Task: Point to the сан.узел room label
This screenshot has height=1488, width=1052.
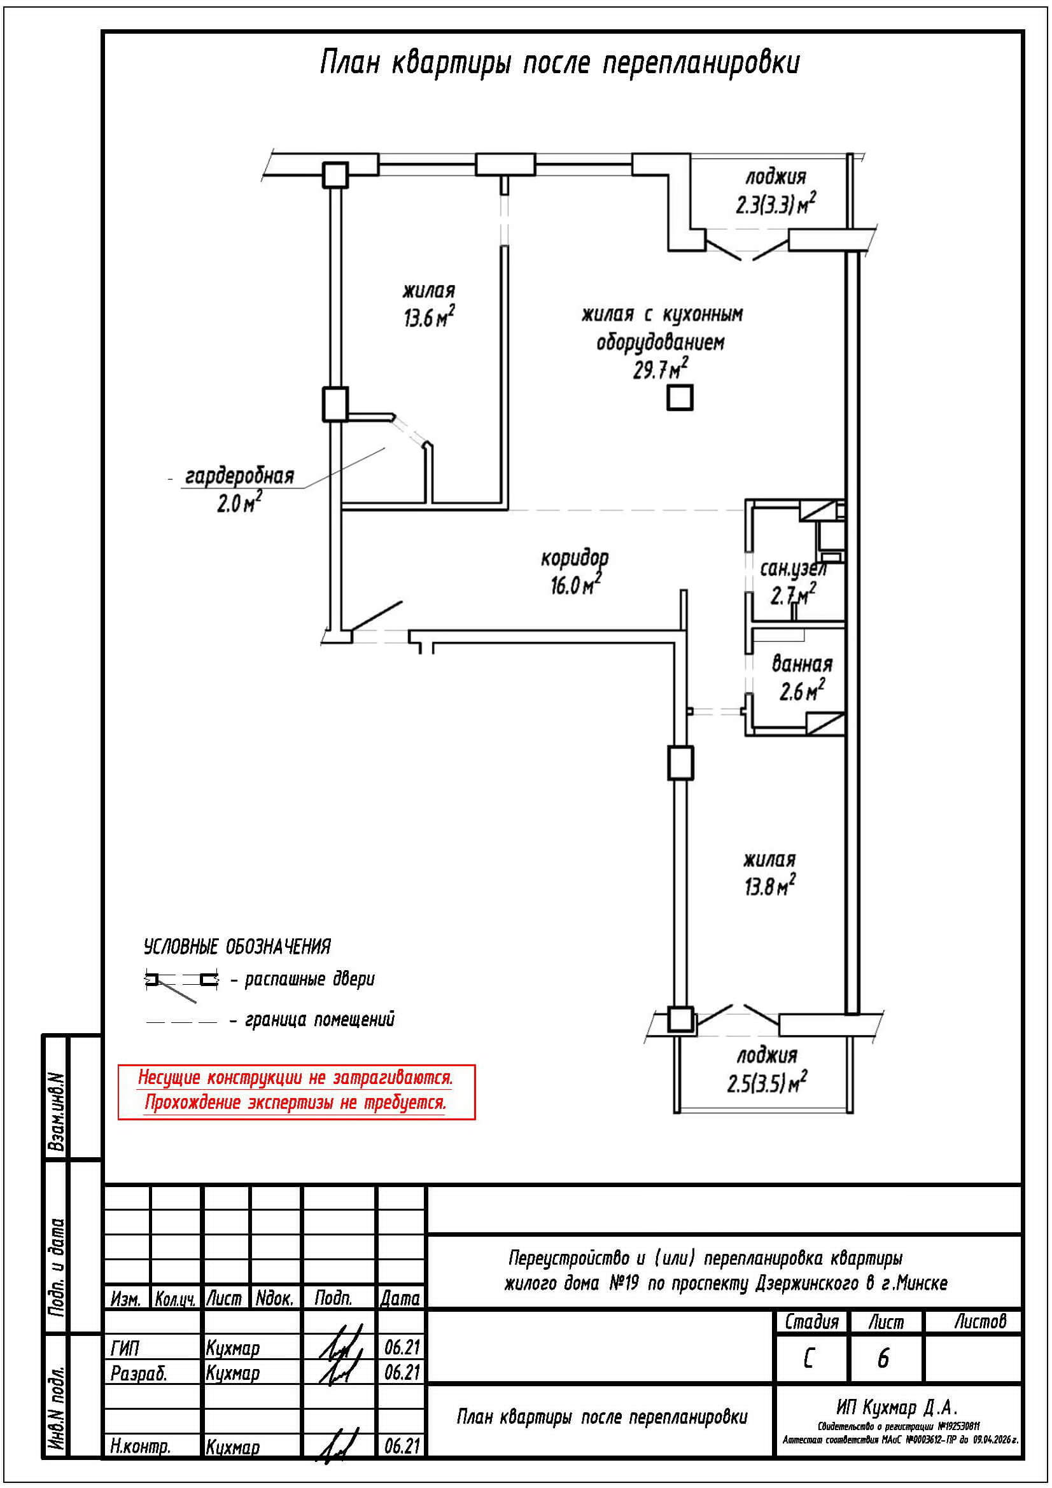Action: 793,569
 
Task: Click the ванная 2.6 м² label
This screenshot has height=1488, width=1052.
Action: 802,678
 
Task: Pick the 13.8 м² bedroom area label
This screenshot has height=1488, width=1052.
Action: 769,886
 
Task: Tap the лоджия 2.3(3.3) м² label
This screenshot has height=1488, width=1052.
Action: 775,191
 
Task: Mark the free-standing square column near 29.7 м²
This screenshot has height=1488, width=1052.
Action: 680,398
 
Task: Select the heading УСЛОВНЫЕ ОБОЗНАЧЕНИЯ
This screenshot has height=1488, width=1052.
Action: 237,947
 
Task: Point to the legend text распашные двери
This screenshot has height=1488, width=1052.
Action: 309,979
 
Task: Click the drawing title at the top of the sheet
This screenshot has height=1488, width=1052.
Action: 560,64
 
